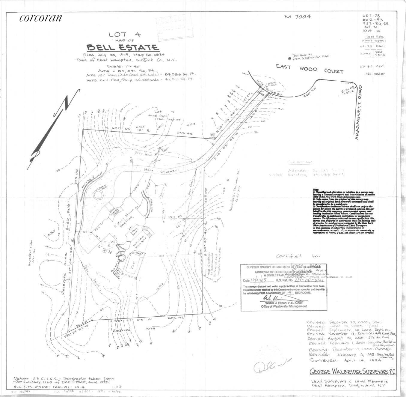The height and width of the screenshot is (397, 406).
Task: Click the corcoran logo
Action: (x=40, y=18)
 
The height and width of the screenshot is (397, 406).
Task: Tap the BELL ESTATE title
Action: (x=123, y=48)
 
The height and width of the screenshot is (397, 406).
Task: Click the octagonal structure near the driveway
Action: (x=98, y=194)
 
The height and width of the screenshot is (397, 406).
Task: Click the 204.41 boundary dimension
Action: (x=175, y=318)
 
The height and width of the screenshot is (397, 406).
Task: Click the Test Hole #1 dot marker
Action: (x=289, y=59)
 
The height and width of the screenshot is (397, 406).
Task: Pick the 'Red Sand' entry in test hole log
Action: (x=380, y=53)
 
